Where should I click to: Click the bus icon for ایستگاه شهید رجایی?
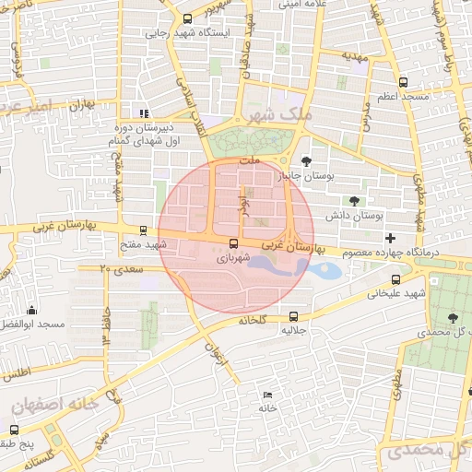188,18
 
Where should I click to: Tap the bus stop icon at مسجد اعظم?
403,83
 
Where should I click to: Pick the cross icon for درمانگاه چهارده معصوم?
390,239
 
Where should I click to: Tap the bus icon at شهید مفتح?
142,231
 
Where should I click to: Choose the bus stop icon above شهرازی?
232,244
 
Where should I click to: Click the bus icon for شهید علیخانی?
395,279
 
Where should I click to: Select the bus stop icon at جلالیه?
294,314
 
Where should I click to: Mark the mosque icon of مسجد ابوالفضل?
32,310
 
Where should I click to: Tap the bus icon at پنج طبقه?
14,430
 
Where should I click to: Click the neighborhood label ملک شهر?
274,115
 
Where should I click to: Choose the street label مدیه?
356,56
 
